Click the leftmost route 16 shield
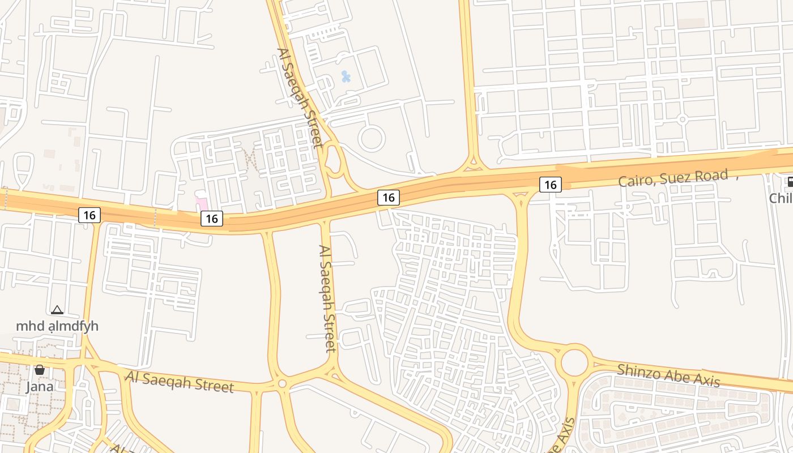[89, 215]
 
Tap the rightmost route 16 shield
[550, 184]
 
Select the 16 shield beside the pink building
[212, 219]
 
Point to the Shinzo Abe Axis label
[668, 375]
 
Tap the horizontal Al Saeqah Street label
[180, 382]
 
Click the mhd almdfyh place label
[57, 326]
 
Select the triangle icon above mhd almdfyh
[57, 310]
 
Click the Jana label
[40, 387]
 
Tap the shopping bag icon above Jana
[40, 370]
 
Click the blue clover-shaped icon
[346, 76]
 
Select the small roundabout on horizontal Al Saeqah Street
[282, 384]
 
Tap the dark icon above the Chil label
[790, 182]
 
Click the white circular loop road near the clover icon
[372, 138]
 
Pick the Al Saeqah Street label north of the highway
[300, 97]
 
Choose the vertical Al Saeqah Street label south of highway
[328, 298]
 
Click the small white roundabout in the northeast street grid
[683, 119]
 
